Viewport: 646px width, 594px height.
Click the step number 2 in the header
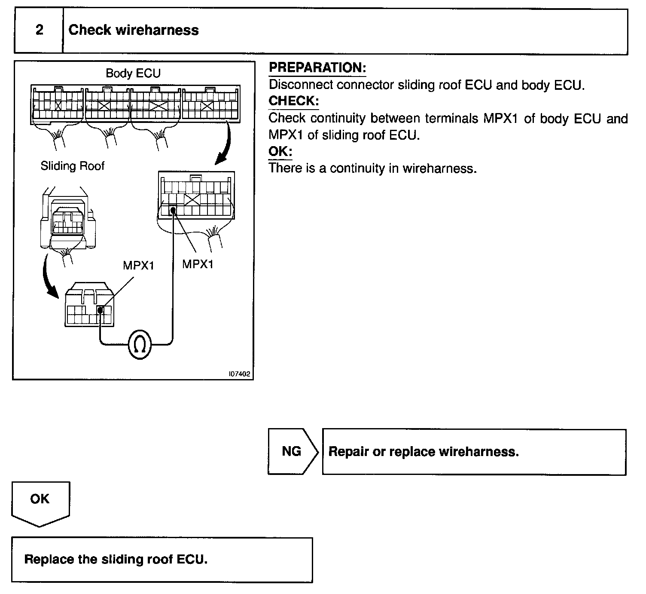pos(39,30)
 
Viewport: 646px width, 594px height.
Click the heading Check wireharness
pos(134,30)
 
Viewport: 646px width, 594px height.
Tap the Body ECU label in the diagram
pos(133,73)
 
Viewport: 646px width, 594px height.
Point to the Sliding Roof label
pos(72,166)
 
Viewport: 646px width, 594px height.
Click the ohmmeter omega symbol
pos(140,344)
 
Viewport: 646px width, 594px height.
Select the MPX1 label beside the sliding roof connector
pos(138,265)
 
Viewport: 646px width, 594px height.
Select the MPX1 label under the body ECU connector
pos(198,264)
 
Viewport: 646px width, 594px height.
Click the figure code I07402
pos(239,374)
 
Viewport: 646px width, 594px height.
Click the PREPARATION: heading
pos(317,67)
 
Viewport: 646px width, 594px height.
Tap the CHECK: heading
pos(293,101)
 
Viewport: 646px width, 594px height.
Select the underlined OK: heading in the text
pos(280,151)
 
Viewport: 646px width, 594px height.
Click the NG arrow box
pos(292,451)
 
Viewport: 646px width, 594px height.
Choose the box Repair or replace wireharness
pos(474,452)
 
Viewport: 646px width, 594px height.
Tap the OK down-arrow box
pos(40,502)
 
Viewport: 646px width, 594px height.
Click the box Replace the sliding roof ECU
pos(161,560)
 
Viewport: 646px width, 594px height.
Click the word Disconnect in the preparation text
pos(301,85)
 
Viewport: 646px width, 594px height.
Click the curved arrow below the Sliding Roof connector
pos(49,277)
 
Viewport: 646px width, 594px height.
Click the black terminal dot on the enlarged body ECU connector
pos(173,210)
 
